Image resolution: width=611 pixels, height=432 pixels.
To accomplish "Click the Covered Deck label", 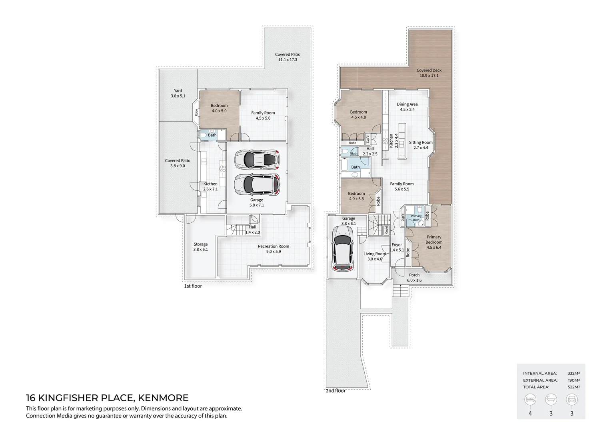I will tap(429, 73).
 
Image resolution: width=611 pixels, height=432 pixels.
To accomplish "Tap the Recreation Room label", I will tap(273, 249).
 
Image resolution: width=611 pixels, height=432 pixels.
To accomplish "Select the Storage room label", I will tap(200, 247).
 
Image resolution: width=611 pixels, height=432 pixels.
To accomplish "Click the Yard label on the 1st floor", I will tap(178, 93).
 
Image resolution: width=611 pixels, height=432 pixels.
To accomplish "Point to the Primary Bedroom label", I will tap(434, 242).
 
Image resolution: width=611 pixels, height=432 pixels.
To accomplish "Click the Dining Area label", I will tap(407, 107).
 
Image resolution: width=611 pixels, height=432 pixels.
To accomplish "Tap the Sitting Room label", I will tap(421, 145).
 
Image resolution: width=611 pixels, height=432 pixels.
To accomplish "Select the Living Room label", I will tap(375, 256).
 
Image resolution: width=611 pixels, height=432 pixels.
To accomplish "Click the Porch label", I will tap(414, 278).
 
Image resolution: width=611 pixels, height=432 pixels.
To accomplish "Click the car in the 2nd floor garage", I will tap(342, 248).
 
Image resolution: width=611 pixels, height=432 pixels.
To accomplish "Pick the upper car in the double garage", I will tap(257, 159).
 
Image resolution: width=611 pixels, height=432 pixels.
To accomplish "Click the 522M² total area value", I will tap(573, 387).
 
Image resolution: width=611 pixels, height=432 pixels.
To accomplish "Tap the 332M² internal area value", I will tap(573, 373).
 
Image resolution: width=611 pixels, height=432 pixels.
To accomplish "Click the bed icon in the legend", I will tap(530, 399).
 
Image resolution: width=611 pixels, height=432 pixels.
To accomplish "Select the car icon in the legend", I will tap(571, 399).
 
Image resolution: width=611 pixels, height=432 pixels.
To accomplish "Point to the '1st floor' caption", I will tap(193, 286).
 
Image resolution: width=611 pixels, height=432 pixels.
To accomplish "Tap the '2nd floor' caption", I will tap(335, 391).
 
